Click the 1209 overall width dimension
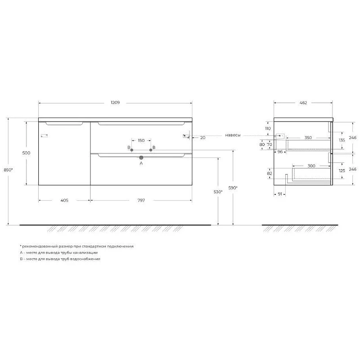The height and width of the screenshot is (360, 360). pyautogui.click(x=115, y=103)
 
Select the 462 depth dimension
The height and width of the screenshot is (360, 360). pyautogui.click(x=303, y=103)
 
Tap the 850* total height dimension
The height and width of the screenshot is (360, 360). pyautogui.click(x=8, y=170)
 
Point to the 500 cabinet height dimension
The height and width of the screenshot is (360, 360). pyautogui.click(x=26, y=153)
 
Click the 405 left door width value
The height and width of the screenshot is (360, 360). pyautogui.click(x=64, y=200)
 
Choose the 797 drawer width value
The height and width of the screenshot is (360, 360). pyautogui.click(x=141, y=200)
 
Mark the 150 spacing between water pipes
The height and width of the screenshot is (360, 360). pyautogui.click(x=141, y=140)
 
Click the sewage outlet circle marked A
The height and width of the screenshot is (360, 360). pyautogui.click(x=141, y=157)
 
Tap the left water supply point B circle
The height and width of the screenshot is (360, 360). pyautogui.click(x=132, y=150)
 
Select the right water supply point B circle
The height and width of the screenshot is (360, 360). pyautogui.click(x=151, y=150)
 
